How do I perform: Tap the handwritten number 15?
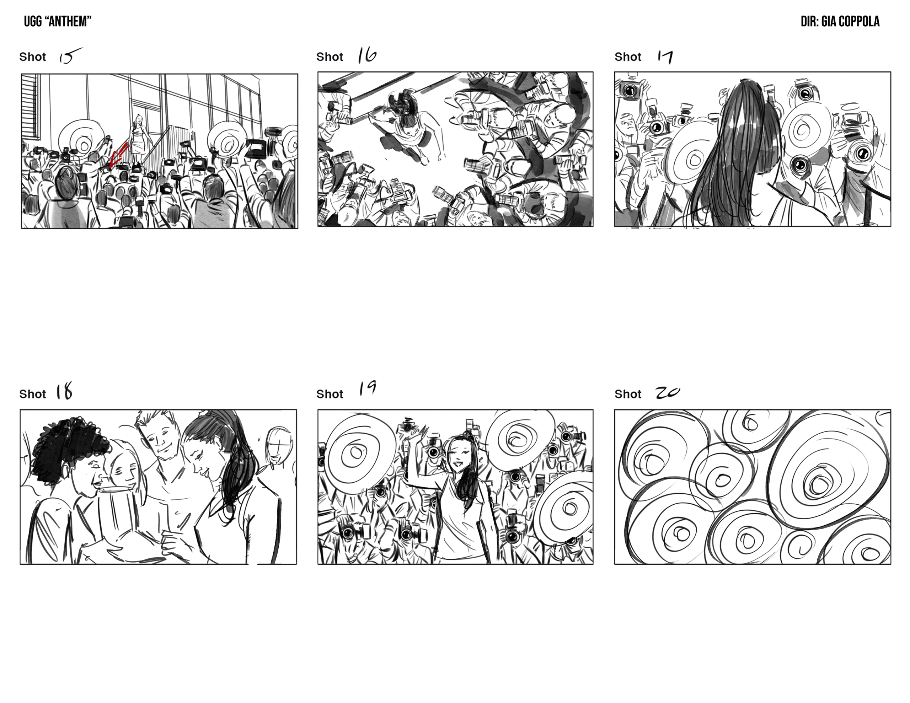click(70, 55)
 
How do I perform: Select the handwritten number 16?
click(367, 55)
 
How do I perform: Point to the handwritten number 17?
click(665, 57)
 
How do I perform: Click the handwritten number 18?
click(64, 391)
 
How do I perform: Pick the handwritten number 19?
click(368, 388)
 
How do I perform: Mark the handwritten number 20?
click(668, 392)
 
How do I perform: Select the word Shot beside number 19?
click(330, 394)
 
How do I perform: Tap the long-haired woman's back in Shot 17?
click(733, 167)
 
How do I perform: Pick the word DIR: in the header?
click(810, 22)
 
